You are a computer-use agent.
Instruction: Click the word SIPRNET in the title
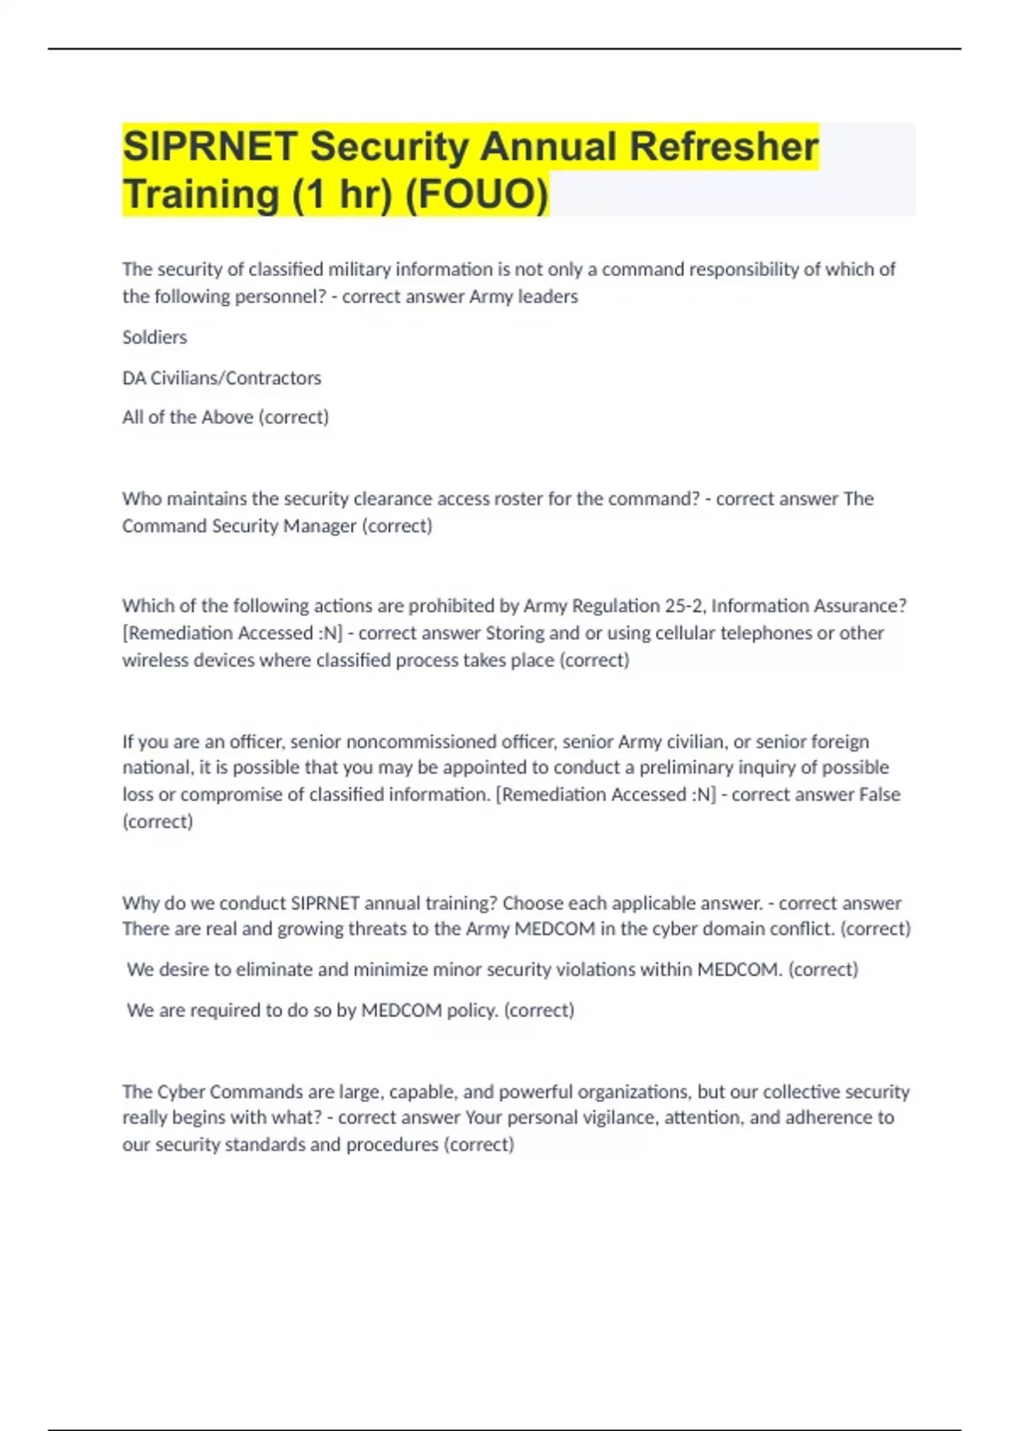[x=210, y=146]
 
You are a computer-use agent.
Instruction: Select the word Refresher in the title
[x=724, y=146]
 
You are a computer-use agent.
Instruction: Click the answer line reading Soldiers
[x=155, y=338]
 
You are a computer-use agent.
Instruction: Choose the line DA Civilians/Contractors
[x=221, y=378]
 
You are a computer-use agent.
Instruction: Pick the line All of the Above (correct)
[x=226, y=418]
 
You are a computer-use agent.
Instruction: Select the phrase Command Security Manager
[x=239, y=526]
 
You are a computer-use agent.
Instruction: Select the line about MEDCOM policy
[x=350, y=1010]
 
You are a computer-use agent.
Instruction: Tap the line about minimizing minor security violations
[x=492, y=970]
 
